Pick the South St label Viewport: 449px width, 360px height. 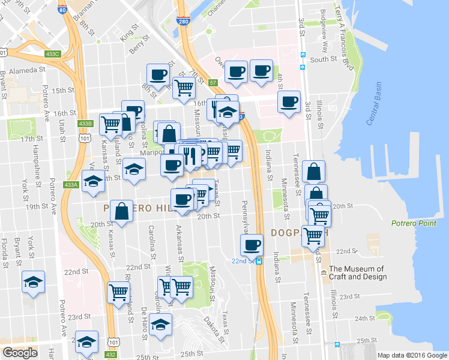(x=323, y=59)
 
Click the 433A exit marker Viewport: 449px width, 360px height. (x=71, y=184)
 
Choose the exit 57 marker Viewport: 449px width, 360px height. (x=212, y=82)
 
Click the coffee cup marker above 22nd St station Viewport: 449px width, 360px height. (x=252, y=244)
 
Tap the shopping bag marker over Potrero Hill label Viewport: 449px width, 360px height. (x=122, y=211)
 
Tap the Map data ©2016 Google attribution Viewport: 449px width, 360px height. (x=412, y=355)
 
